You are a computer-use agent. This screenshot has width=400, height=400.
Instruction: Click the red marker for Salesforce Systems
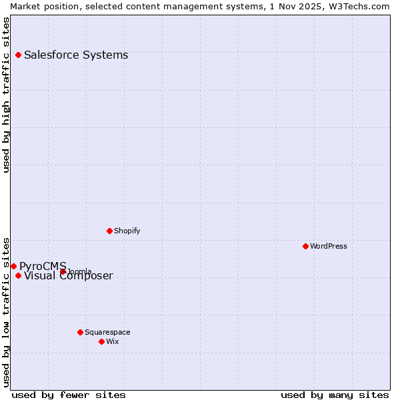pos(18,55)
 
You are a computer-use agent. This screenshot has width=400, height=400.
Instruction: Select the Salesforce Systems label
pos(76,55)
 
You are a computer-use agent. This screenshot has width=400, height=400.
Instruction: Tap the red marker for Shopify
pos(109,231)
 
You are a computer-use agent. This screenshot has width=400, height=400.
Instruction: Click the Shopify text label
pos(127,231)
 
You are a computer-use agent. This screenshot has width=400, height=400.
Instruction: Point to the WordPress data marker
pos(305,246)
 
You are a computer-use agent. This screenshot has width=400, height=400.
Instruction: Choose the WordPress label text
pos(329,246)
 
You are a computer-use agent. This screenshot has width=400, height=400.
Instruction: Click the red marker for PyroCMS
pos(13,266)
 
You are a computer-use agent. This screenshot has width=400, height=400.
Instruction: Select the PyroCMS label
pos(43,267)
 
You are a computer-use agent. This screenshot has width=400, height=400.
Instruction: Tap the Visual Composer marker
pos(18,275)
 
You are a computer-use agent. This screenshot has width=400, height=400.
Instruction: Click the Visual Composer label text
pos(69,276)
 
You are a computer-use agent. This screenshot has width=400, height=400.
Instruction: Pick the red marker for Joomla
pos(63,271)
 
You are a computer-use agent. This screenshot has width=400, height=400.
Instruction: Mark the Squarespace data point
pos(80,332)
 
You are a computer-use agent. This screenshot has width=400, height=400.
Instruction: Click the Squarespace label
pos(107,332)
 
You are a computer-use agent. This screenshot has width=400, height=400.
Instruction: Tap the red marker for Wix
pos(101,341)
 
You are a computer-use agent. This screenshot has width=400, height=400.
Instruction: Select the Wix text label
pos(112,341)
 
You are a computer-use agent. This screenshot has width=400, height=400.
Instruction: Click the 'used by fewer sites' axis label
pos(69,395)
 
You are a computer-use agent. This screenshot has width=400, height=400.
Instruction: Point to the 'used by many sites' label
pos(335,395)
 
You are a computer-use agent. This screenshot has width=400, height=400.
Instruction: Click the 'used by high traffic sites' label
pos(6,95)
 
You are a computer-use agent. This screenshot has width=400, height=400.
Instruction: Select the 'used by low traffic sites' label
pos(6,311)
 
